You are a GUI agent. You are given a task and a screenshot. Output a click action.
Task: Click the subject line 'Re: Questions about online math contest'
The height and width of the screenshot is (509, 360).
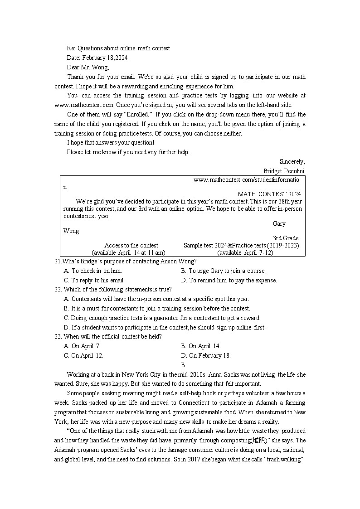click(x=118, y=48)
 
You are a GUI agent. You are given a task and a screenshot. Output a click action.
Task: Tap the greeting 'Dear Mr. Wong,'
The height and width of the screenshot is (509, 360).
click(x=88, y=67)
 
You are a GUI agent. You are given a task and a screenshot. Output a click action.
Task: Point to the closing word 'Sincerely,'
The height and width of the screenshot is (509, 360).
click(x=292, y=161)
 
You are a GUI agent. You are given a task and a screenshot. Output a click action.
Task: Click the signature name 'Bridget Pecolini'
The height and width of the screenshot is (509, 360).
click(x=284, y=171)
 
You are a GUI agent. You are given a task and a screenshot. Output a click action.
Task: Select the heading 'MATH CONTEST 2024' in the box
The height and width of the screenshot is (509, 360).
click(x=269, y=194)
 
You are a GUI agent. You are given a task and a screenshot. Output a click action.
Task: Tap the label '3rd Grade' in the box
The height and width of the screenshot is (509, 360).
click(x=285, y=238)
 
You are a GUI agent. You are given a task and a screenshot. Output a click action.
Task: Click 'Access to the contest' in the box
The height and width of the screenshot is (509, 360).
click(x=131, y=245)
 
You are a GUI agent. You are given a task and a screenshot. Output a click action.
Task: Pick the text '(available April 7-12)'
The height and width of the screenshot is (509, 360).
click(x=245, y=252)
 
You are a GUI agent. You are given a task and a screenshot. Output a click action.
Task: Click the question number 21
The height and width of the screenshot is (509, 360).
click(x=58, y=261)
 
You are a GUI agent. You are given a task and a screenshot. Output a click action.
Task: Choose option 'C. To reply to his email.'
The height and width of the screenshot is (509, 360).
click(x=94, y=280)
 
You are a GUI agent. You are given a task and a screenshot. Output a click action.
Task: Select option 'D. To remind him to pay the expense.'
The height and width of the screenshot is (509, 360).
click(x=229, y=280)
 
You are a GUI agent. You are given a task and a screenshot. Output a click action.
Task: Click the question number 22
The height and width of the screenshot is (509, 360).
click(x=58, y=290)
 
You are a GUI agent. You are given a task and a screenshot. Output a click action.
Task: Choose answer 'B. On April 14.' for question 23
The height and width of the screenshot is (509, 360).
click(x=200, y=346)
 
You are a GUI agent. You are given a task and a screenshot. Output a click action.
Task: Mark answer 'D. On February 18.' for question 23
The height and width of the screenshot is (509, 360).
click(x=206, y=355)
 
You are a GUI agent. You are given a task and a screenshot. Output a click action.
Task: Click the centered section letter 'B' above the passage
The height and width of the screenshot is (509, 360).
click(x=183, y=365)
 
